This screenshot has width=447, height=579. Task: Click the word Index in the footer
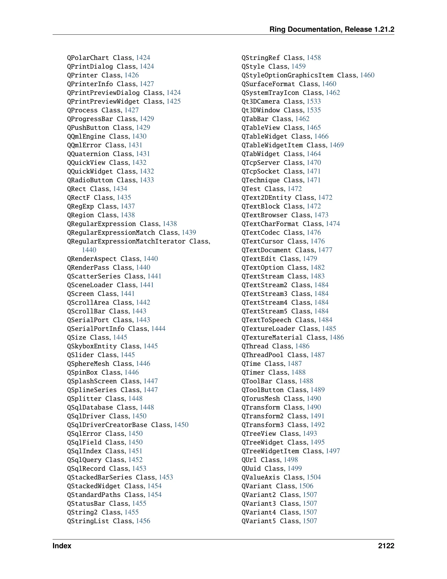62,546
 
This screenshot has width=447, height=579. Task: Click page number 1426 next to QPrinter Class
132,75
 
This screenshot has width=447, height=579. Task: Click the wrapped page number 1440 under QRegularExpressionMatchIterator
89,250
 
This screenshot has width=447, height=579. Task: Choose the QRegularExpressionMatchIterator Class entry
138,241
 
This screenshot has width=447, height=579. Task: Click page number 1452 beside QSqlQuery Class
135,460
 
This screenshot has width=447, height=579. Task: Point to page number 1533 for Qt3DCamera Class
314,102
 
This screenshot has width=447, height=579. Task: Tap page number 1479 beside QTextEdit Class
310,259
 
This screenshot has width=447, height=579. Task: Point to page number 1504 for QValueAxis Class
314,477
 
